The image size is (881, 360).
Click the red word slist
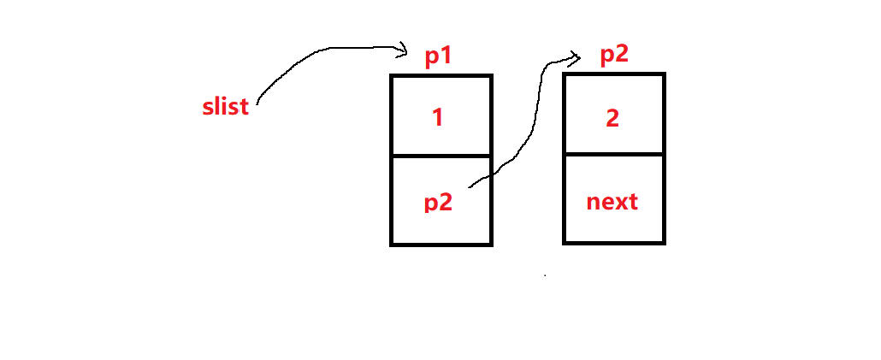click(x=225, y=107)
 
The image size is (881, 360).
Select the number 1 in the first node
click(x=438, y=117)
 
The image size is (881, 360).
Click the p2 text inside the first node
click(x=438, y=203)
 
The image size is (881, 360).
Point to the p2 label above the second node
click(x=614, y=54)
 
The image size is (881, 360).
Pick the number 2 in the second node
click(x=612, y=117)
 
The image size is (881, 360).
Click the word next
click(x=612, y=202)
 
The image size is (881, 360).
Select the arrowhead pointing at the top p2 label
click(x=576, y=57)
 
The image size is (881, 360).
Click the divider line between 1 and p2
click(x=441, y=156)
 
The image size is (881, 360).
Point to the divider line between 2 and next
click(x=614, y=156)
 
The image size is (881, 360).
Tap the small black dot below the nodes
click(x=545, y=275)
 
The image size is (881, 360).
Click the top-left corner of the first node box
click(x=392, y=76)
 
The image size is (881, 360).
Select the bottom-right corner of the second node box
click(x=664, y=243)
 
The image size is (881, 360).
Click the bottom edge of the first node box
click(x=441, y=244)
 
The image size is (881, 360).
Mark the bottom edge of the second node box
click(x=614, y=243)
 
